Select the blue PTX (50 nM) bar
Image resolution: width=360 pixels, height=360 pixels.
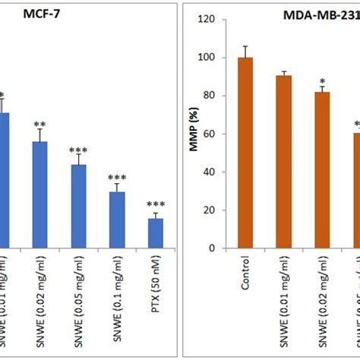[156, 232]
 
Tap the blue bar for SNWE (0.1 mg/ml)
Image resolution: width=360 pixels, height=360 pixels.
[117, 219]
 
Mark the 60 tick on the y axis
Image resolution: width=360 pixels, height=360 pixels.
[217, 134]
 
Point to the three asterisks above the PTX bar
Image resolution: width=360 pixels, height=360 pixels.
[156, 204]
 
